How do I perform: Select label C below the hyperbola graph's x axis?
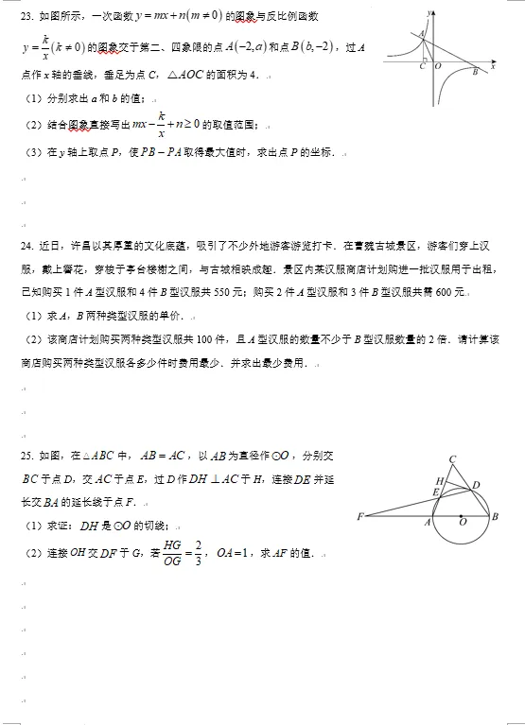(x=421, y=65)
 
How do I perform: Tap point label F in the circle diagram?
(x=360, y=516)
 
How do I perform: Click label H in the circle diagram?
(x=438, y=481)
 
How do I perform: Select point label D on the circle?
(x=476, y=485)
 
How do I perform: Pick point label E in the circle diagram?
(x=435, y=492)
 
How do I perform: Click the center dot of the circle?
(x=461, y=516)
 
